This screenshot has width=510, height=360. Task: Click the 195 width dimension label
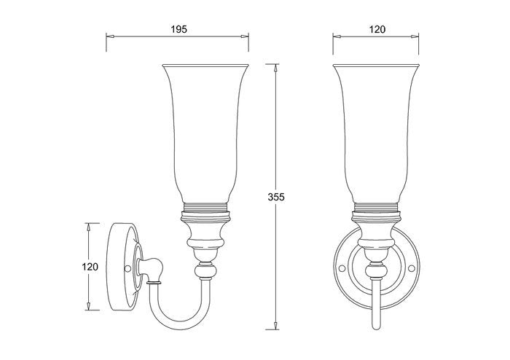[179, 29]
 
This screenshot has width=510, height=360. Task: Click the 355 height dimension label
[276, 197]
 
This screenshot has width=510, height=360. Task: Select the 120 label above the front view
[377, 29]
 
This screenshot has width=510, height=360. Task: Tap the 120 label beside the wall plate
[90, 267]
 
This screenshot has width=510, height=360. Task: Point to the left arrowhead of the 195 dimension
[110, 36]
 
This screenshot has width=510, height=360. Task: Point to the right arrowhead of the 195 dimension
[245, 36]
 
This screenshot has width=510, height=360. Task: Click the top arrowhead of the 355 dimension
[276, 68]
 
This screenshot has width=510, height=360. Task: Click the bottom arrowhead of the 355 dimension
[276, 326]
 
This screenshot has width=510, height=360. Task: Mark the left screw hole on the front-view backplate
[342, 268]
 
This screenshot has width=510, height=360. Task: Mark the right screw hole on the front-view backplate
[412, 268]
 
